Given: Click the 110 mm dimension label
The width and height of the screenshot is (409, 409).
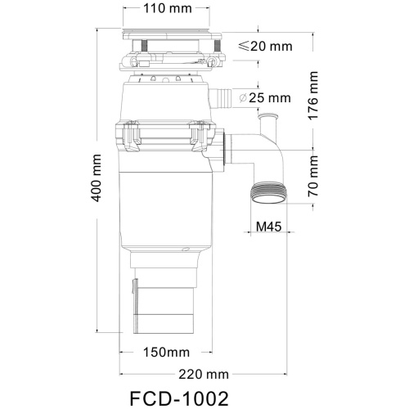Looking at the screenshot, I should tap(173, 11).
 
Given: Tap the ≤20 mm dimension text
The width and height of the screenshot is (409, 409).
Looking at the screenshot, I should tap(263, 46).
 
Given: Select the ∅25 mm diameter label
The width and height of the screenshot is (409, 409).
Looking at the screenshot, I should tap(265, 98).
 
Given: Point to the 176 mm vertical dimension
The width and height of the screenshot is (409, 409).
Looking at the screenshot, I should tap(314, 97).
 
